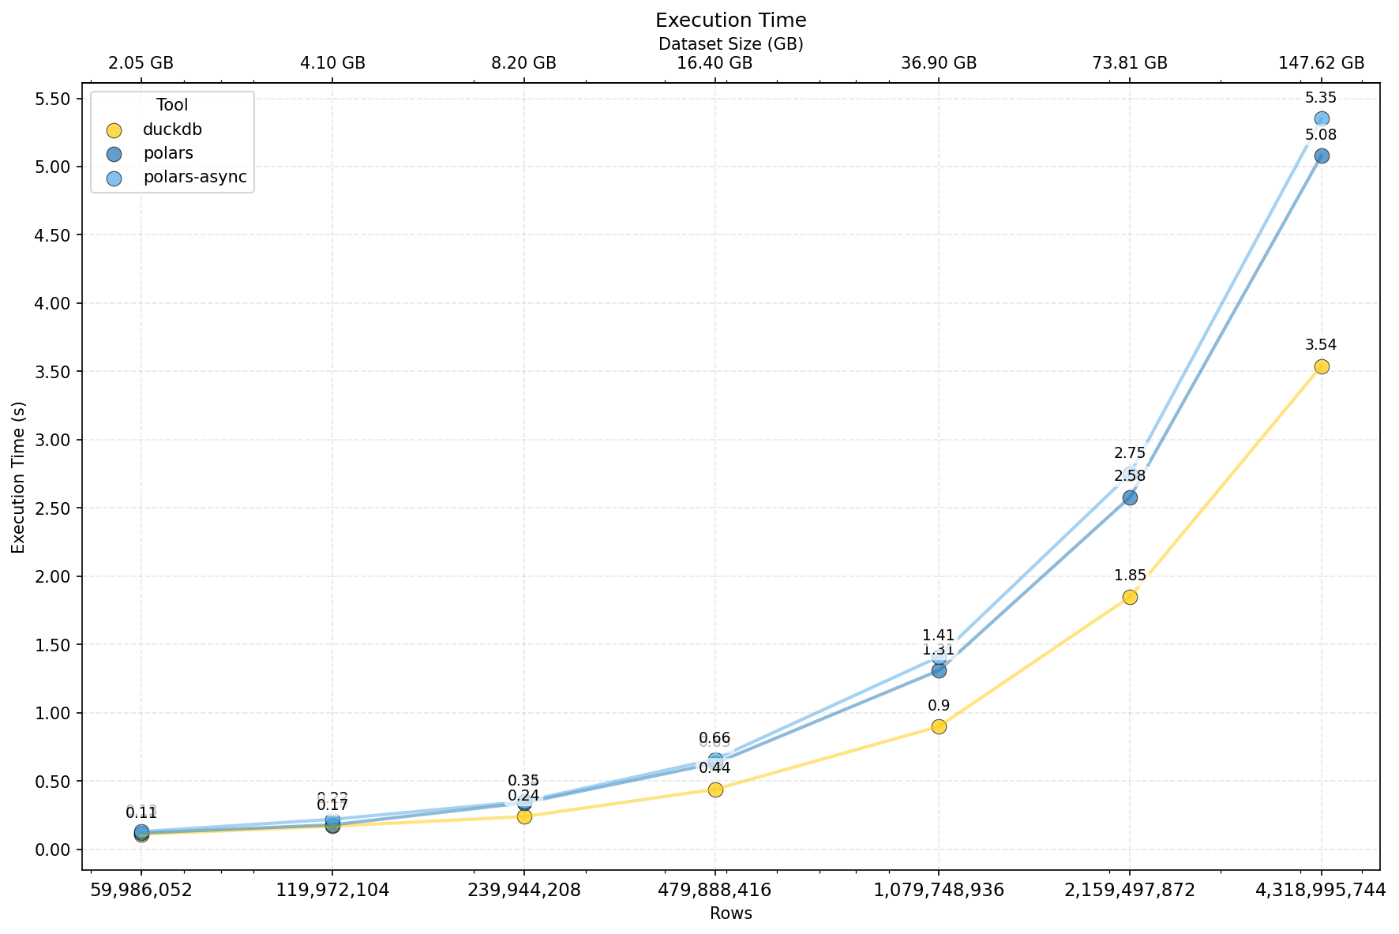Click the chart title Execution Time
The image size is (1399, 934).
click(x=730, y=21)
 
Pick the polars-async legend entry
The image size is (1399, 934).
click(x=194, y=178)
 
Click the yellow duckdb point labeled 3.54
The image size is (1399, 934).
click(x=1321, y=366)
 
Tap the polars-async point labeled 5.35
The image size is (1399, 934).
click(x=1321, y=119)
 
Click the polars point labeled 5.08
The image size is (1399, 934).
click(x=1321, y=156)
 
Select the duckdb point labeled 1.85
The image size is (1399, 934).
click(x=1130, y=597)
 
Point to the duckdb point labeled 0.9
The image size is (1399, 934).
click(x=939, y=726)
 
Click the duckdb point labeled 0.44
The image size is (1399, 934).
click(x=715, y=790)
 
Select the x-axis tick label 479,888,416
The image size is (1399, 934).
click(x=715, y=891)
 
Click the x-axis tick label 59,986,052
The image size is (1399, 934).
click(x=141, y=891)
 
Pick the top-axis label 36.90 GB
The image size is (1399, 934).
click(x=939, y=64)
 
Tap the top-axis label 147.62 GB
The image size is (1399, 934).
click(x=1321, y=64)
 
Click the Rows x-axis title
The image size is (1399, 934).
click(x=730, y=914)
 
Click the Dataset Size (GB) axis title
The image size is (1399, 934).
click(x=730, y=44)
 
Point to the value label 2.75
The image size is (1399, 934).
click(x=1130, y=453)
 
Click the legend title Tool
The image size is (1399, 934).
click(x=172, y=105)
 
